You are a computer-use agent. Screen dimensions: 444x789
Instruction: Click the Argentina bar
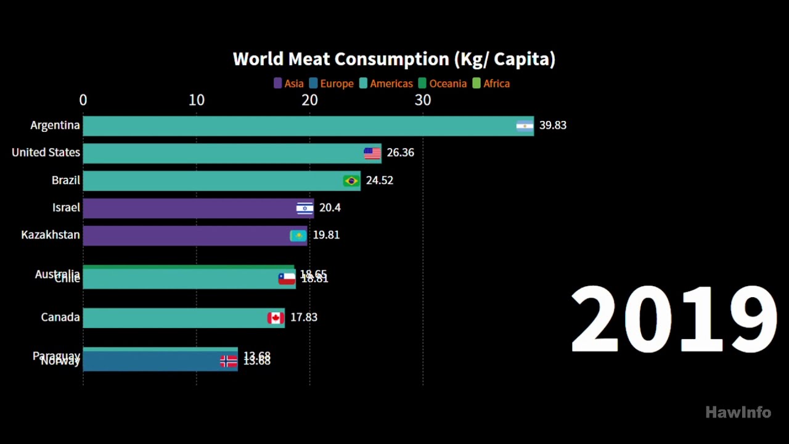coord(296,126)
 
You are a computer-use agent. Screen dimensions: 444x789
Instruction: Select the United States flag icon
coord(372,154)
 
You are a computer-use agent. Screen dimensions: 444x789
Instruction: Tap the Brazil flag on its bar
coord(351,181)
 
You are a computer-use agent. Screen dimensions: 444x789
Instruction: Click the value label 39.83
coord(552,125)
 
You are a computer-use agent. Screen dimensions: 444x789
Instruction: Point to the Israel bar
coord(185,208)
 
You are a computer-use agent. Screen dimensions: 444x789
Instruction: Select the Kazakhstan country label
coord(51,235)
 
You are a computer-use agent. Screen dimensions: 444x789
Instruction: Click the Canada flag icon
coord(276,318)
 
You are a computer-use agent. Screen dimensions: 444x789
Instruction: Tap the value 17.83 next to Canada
coord(303,317)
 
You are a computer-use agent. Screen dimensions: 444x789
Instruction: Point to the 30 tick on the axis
coord(423,100)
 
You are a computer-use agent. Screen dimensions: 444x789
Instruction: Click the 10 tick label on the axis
coord(196,100)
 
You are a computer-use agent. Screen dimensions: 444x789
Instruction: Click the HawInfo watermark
coord(738,412)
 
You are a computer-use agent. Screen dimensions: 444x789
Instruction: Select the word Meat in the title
coord(306,59)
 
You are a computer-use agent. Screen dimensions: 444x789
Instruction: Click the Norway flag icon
coord(229,361)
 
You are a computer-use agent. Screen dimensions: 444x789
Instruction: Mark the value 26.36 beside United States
coord(400,152)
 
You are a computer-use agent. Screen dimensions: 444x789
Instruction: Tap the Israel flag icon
coord(305,208)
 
